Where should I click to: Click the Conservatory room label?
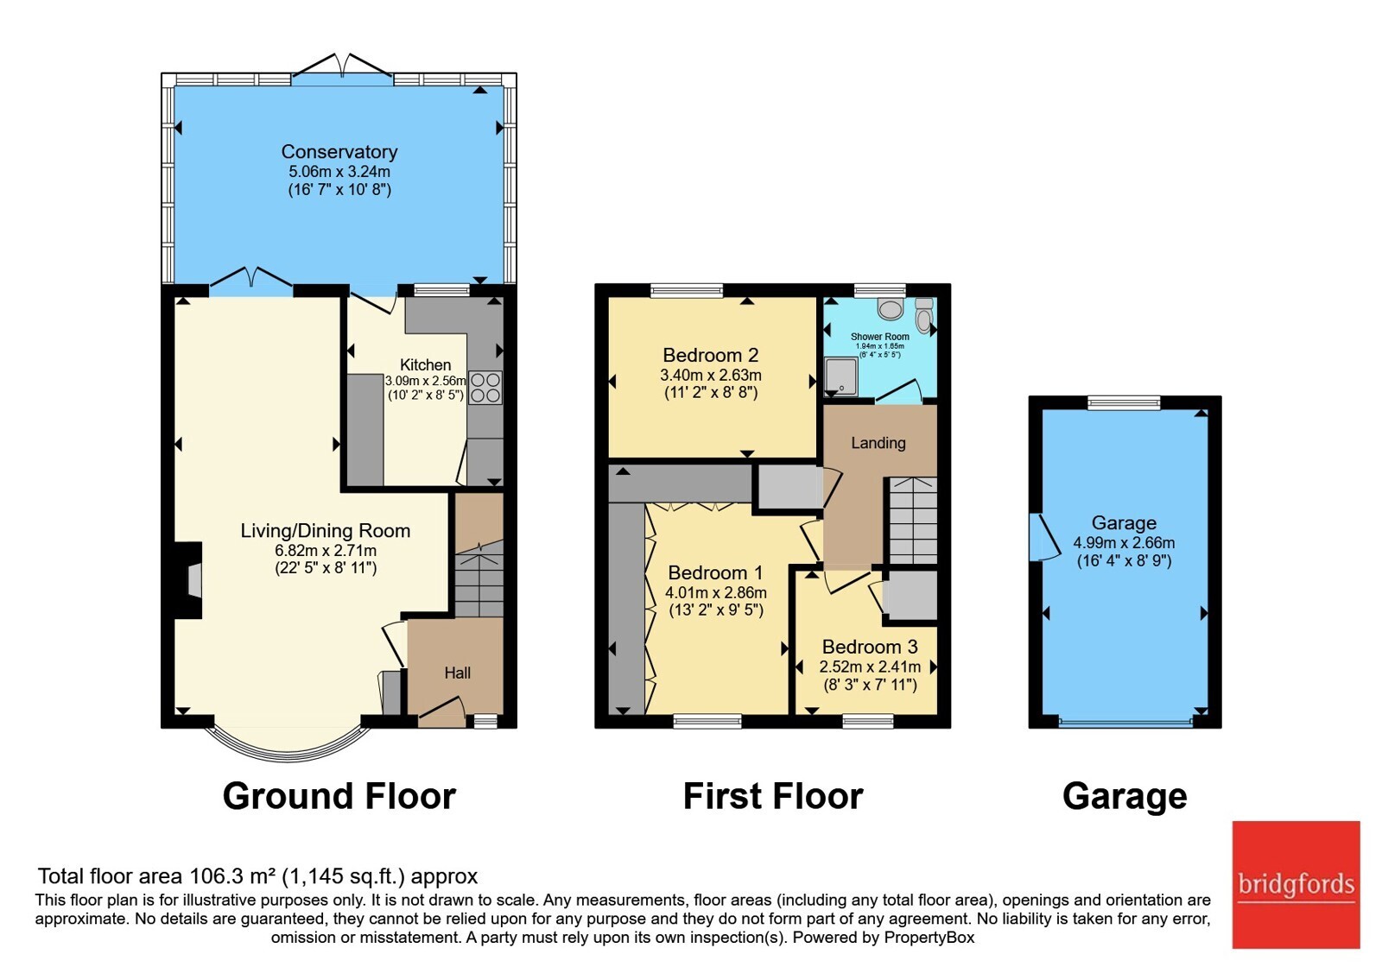(339, 152)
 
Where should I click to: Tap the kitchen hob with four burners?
(485, 388)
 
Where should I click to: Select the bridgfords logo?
(1296, 884)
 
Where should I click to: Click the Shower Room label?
(880, 337)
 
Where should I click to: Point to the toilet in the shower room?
(923, 315)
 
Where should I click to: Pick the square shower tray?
(841, 376)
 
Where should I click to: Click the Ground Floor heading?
(339, 795)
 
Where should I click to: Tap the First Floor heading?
(773, 795)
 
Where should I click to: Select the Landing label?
(878, 443)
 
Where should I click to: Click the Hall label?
(458, 673)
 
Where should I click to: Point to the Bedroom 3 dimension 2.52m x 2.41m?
(870, 667)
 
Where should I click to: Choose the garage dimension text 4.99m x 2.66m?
(1124, 543)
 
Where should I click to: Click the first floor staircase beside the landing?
(912, 521)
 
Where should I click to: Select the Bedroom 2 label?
(711, 355)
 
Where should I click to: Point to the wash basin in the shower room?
(891, 308)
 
